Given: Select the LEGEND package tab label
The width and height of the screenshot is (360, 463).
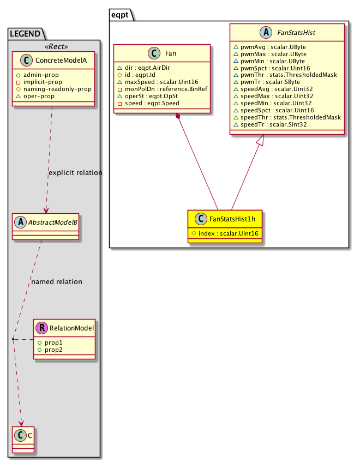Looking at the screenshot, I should click(x=25, y=34).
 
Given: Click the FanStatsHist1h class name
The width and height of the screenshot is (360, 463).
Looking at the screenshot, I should click(x=232, y=219).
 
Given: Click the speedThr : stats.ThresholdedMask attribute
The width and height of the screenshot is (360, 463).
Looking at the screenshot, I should click(x=286, y=117).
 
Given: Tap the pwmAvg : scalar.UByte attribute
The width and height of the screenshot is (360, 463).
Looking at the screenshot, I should click(x=269, y=47).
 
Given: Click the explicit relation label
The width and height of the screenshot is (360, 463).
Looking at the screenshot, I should click(x=75, y=173).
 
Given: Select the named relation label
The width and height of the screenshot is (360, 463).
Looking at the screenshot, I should click(x=57, y=282).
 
